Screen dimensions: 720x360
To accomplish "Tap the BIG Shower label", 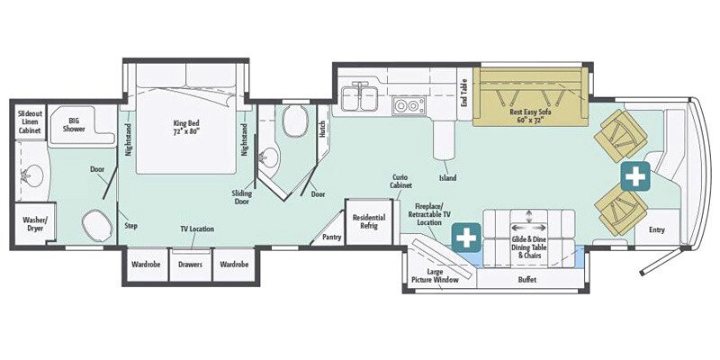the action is click(x=74, y=125).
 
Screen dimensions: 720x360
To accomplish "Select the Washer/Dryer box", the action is click(x=35, y=224).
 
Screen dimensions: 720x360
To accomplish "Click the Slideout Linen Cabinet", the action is click(x=30, y=121).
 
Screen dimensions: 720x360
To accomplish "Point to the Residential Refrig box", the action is click(x=369, y=221).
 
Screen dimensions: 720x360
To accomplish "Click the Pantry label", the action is click(x=332, y=237).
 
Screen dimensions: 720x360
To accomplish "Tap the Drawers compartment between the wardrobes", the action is click(x=191, y=265).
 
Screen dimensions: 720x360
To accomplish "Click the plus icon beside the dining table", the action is click(x=466, y=238).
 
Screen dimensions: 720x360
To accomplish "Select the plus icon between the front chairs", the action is click(x=635, y=176).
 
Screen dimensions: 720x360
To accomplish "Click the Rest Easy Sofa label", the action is click(x=530, y=115).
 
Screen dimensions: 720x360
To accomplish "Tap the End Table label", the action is click(x=464, y=98).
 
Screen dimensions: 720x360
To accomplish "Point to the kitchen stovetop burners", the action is click(x=409, y=106).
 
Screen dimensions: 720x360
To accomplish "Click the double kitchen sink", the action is click(x=360, y=98).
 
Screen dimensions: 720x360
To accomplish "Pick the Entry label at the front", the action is click(x=657, y=230).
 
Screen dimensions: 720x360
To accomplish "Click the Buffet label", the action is click(x=527, y=279).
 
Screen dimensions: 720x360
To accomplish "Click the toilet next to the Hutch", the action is click(x=295, y=121).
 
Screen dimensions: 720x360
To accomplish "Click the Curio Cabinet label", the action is click(x=400, y=182).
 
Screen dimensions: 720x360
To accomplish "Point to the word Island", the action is click(x=447, y=177).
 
